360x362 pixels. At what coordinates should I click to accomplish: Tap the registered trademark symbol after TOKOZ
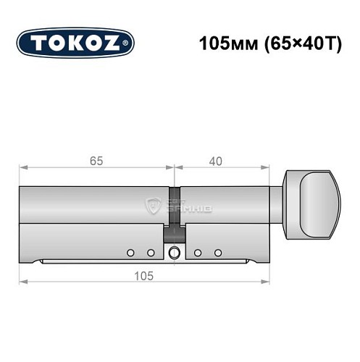[128, 44]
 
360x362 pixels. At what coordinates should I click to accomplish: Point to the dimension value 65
[96, 160]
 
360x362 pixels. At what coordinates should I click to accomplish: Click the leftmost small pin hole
[130, 253]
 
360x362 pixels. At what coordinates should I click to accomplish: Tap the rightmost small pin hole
[217, 253]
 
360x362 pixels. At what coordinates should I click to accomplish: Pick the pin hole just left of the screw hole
[151, 253]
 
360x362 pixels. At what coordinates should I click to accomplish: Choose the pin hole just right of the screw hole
[196, 253]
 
